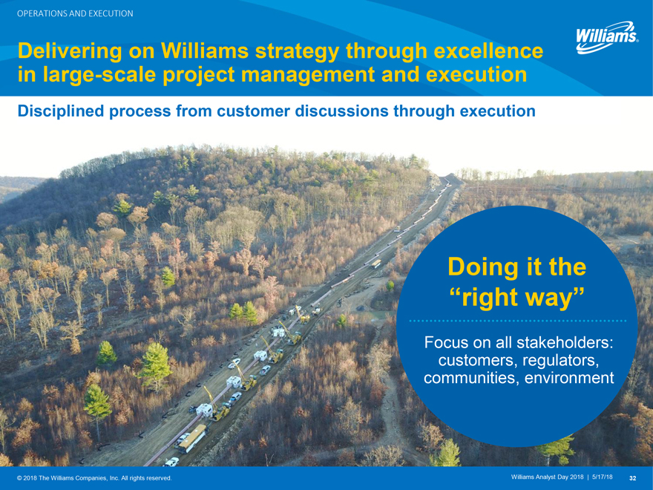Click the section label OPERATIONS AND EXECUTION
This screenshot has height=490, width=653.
[x=75, y=13]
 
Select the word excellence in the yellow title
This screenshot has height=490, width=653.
[x=488, y=50]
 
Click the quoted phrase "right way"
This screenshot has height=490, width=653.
[x=516, y=297]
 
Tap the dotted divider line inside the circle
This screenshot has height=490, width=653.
[x=518, y=321]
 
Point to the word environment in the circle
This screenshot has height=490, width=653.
[x=569, y=378]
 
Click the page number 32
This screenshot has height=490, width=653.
[x=632, y=478]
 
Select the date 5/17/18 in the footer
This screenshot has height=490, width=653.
[x=603, y=477]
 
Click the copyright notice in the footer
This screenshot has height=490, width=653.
[x=94, y=478]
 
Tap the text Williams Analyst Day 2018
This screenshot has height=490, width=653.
[x=547, y=477]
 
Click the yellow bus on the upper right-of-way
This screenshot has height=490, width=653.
[x=375, y=264]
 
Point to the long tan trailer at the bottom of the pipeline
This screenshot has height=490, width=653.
[x=192, y=438]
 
